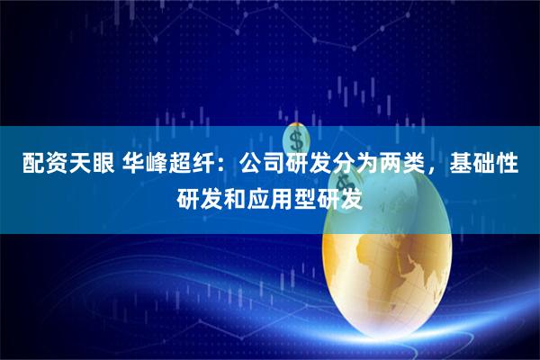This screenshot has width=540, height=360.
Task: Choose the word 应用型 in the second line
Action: pyautogui.click(x=282, y=195)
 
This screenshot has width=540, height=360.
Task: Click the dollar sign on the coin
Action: pyautogui.click(x=296, y=140)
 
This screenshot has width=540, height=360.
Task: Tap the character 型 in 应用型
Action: pyautogui.click(x=306, y=195)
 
